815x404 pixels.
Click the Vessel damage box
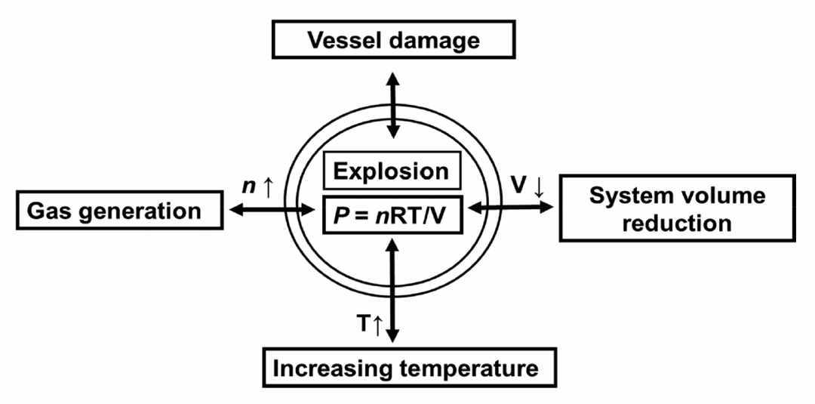(393, 39)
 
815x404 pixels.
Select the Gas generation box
(120, 211)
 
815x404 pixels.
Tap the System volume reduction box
(677, 208)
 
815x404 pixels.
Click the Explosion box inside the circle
(392, 171)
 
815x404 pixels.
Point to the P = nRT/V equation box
(392, 214)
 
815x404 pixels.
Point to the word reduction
(678, 223)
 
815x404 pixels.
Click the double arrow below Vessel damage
(393, 104)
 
